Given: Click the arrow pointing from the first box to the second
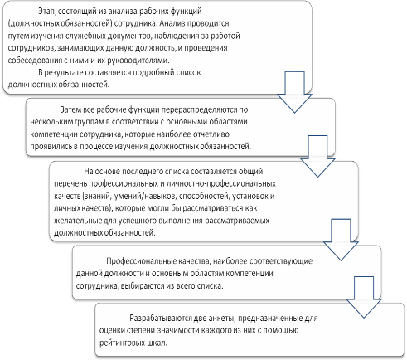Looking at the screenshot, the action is click(294, 93).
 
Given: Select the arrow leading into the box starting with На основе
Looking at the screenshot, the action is click(317, 157).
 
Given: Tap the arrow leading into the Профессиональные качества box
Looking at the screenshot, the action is click(341, 241).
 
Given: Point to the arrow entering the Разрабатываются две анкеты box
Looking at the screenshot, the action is click(364, 297).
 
